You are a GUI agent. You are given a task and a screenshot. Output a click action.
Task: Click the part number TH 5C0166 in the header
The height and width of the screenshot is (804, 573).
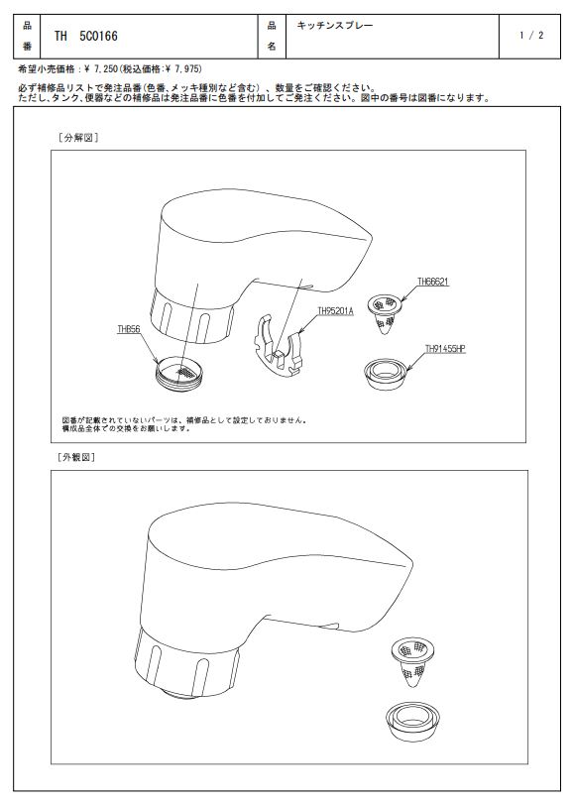tap(86, 36)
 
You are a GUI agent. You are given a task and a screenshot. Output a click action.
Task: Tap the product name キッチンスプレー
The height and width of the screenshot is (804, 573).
tap(335, 25)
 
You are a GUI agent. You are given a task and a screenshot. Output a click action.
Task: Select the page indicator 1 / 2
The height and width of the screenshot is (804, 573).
tap(531, 36)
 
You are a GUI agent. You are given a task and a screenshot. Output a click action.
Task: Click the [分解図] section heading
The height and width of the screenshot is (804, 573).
tap(79, 138)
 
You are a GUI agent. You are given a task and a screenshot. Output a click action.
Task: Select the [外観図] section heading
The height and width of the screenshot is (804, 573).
tap(76, 457)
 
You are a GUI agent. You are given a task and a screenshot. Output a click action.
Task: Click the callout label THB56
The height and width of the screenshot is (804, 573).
tap(129, 330)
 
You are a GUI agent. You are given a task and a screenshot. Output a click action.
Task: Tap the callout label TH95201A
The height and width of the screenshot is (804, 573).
tap(336, 310)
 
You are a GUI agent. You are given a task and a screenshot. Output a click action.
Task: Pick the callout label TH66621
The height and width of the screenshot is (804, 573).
tap(433, 282)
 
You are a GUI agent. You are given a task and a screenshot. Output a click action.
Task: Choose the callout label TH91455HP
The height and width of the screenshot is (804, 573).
tap(445, 349)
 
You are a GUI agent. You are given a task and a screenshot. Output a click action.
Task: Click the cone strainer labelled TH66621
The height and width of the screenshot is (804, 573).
tap(385, 314)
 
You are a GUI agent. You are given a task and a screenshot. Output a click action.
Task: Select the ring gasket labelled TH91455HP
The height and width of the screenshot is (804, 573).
tap(385, 374)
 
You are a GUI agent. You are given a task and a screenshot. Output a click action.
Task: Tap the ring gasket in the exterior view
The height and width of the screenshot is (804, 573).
tap(412, 722)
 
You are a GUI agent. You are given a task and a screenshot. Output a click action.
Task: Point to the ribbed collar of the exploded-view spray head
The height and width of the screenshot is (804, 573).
tap(191, 317)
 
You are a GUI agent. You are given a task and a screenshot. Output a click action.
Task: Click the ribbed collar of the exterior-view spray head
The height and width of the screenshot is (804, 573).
tap(187, 664)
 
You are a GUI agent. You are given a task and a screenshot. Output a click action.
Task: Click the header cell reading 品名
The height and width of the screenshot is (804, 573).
tap(272, 36)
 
